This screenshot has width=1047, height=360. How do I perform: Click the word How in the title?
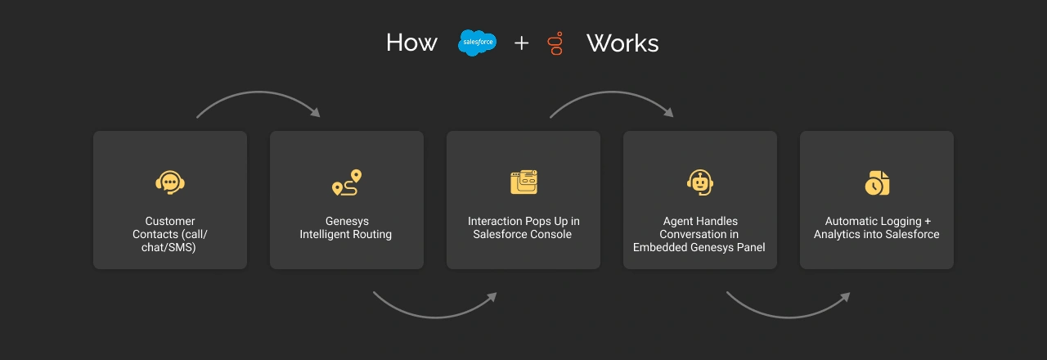(x=411, y=43)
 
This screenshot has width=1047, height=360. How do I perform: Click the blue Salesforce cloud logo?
(x=477, y=42)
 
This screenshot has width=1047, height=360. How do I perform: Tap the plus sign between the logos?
(x=521, y=43)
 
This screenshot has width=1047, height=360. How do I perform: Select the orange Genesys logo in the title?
(x=557, y=43)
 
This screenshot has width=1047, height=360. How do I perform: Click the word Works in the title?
(x=622, y=43)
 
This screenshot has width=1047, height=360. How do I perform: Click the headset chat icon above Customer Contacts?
(x=170, y=182)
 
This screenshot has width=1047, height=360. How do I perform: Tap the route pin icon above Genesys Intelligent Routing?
(x=347, y=182)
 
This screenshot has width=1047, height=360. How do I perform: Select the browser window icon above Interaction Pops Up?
(x=523, y=182)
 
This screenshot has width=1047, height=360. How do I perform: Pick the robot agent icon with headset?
(x=699, y=182)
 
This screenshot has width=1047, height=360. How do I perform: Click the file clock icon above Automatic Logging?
(x=877, y=182)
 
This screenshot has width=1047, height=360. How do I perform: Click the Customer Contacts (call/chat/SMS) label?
(x=170, y=234)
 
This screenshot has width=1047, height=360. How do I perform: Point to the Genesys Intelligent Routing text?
(x=346, y=228)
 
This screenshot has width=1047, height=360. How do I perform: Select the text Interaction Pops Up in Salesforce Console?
(x=523, y=228)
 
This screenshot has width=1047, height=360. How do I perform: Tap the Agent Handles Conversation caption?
(x=699, y=234)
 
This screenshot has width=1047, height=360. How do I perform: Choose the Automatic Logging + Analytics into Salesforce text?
(x=877, y=228)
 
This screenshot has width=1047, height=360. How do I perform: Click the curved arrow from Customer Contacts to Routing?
(x=257, y=96)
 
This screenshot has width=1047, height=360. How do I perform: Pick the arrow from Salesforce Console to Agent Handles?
(x=610, y=96)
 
